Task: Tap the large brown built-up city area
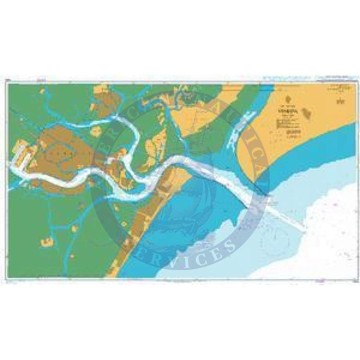pos(63,151)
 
